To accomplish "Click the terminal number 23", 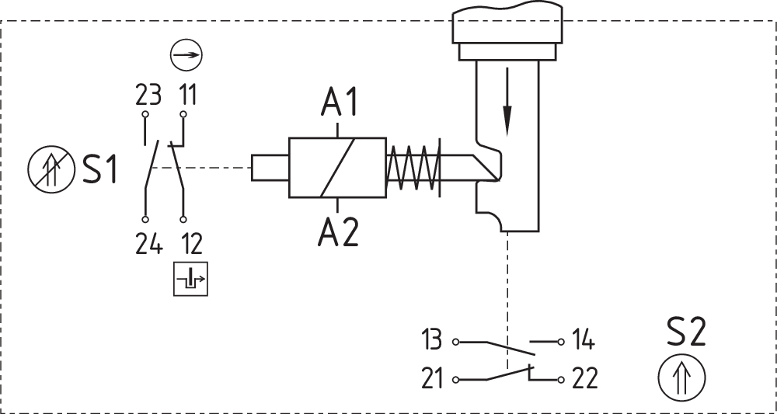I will [148, 96].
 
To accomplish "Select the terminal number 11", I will [186, 96].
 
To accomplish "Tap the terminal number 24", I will [148, 243].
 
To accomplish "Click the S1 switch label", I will [99, 170].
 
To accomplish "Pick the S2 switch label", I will [686, 334].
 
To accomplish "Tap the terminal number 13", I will [432, 340].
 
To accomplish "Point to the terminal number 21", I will [432, 379].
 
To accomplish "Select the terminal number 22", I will [584, 379].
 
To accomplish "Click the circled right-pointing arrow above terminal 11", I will [186, 57].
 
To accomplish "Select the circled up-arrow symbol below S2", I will [681, 378].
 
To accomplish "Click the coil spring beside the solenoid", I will [413, 167].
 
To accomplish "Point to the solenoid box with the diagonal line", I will [337, 168].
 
